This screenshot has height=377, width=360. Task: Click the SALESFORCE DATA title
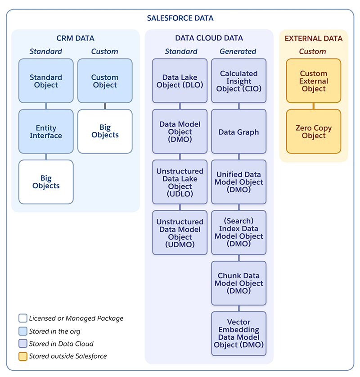(180, 18)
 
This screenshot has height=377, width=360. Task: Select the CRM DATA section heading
(75, 38)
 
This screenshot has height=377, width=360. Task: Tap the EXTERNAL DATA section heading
(314, 38)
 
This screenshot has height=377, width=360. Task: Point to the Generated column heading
(238, 51)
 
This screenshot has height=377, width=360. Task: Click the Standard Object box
(46, 81)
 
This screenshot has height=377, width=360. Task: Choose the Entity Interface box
(46, 132)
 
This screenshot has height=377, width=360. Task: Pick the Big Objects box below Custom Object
(105, 131)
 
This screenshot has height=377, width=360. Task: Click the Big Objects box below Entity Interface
(46, 182)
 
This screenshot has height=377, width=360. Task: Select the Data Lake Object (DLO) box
(180, 81)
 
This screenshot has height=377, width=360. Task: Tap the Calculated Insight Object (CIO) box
(239, 81)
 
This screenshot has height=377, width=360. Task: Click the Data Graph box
(239, 132)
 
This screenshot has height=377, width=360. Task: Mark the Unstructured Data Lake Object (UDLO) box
(180, 182)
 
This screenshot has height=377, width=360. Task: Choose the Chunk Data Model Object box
(239, 283)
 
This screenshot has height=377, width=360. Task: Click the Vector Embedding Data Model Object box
(239, 334)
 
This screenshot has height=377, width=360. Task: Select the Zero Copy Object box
(314, 132)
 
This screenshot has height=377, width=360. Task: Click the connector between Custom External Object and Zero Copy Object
(314, 106)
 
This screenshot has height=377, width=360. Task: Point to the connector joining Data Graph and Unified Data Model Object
(239, 157)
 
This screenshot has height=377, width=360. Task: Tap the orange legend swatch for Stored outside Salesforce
(23, 356)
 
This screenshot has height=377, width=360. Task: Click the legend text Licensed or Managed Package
(76, 318)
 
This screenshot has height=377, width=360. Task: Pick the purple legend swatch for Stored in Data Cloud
(23, 344)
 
